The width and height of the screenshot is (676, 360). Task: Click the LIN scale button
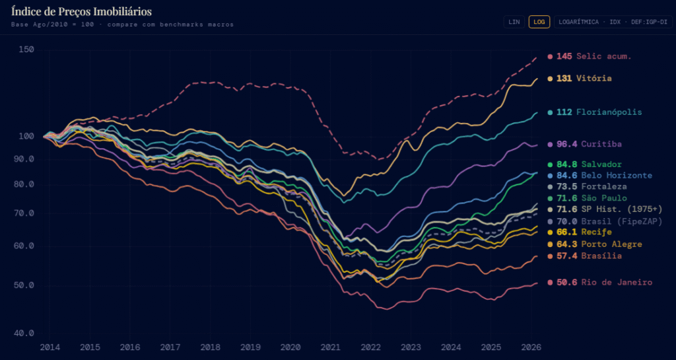pyautogui.click(x=513, y=22)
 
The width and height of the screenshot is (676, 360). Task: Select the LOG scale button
pyautogui.click(x=539, y=22)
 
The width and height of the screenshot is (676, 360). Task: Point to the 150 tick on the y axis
pyautogui.click(x=26, y=50)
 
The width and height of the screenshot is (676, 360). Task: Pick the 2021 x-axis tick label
pyautogui.click(x=331, y=347)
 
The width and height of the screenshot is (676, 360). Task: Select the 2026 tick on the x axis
pyautogui.click(x=532, y=347)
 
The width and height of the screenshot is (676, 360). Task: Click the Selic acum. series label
pyautogui.click(x=603, y=56)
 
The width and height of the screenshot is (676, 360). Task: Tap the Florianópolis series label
pyautogui.click(x=609, y=112)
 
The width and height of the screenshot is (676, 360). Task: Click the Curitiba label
pyautogui.click(x=601, y=143)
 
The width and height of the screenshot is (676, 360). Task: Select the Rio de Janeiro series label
pyautogui.click(x=617, y=282)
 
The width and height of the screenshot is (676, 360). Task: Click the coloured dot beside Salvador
pyautogui.click(x=550, y=164)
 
